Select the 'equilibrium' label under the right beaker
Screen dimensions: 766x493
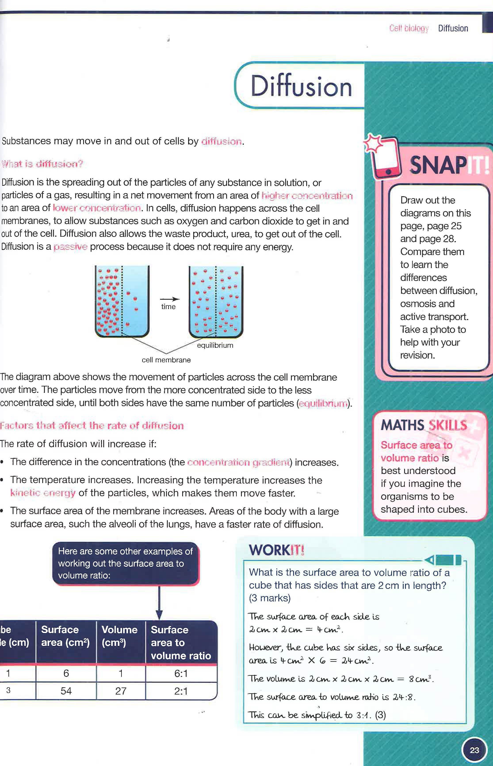[215, 345]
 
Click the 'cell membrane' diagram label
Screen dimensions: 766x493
[166, 360]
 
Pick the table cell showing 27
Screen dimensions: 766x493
[121, 691]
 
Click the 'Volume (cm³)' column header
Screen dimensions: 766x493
[119, 636]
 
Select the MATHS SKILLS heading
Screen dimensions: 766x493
[424, 425]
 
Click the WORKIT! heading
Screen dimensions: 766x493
[276, 550]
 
